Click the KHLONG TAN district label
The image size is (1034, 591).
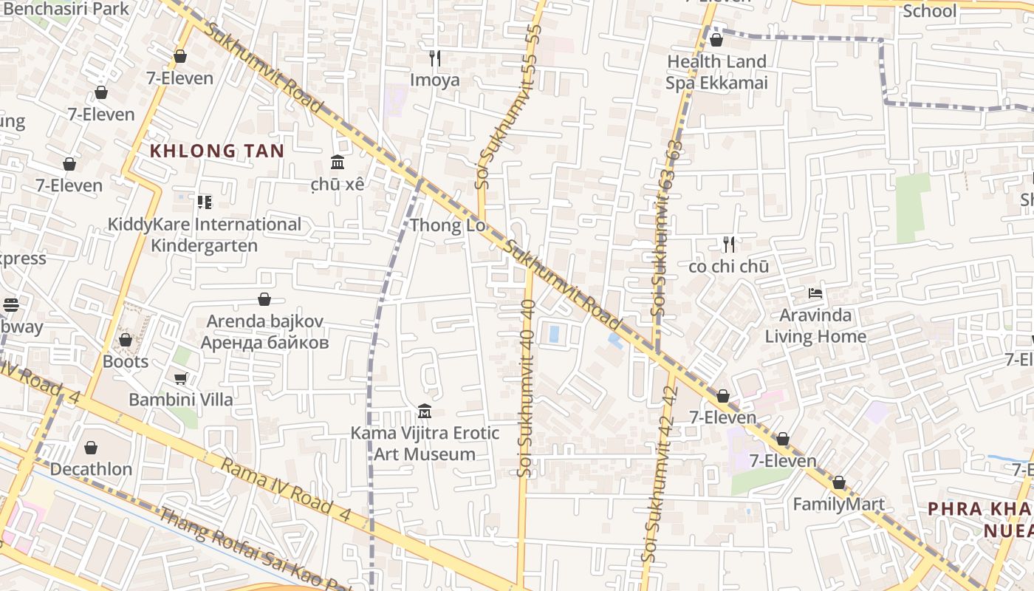[217, 151]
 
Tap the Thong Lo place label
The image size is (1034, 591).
[448, 225]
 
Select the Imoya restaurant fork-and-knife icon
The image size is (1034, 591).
[435, 57]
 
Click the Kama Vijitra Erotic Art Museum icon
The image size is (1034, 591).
[425, 411]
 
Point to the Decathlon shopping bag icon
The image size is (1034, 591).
[91, 448]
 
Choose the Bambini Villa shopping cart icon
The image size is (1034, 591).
[180, 378]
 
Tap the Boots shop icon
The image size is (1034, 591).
[126, 340]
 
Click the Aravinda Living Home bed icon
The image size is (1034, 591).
[815, 293]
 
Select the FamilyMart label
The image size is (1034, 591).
[838, 505]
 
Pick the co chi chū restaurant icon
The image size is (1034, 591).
[729, 244]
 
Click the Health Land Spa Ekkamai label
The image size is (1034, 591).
[716, 72]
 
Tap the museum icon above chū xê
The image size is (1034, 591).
[338, 162]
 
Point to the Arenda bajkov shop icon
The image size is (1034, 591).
[264, 299]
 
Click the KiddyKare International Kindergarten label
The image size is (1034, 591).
[205, 234]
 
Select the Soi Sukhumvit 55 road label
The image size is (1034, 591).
[509, 103]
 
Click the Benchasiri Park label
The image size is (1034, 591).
[66, 9]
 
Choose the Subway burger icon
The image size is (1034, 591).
[10, 304]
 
